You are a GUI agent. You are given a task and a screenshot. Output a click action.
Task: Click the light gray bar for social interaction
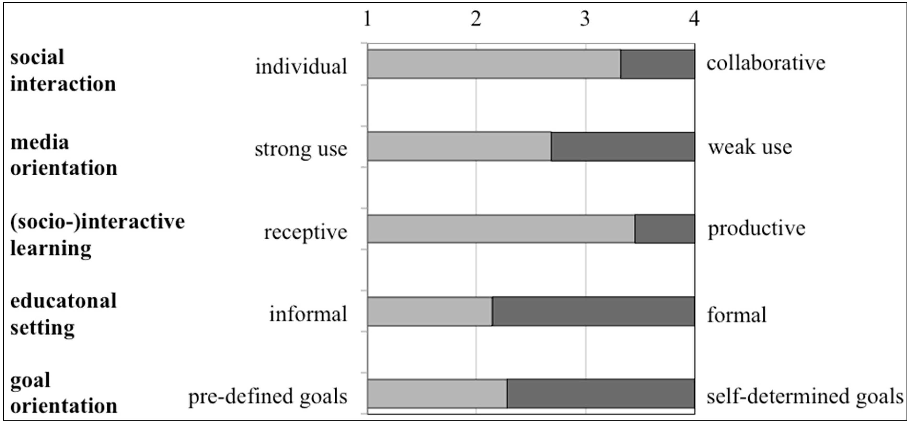pyautogui.click(x=494, y=64)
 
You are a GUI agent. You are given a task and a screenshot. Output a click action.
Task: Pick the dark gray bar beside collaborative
pyautogui.click(x=657, y=64)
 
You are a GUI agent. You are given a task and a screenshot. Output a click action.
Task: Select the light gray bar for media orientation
pyautogui.click(x=459, y=146)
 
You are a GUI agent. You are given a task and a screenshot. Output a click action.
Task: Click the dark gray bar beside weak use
pyautogui.click(x=623, y=146)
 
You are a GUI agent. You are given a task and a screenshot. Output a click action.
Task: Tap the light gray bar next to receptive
pyautogui.click(x=501, y=229)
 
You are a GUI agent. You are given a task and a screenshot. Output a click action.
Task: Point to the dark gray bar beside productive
pyautogui.click(x=665, y=229)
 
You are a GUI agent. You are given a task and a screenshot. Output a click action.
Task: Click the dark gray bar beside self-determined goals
pyautogui.click(x=601, y=393)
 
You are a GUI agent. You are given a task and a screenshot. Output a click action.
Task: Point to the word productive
pyautogui.click(x=757, y=229)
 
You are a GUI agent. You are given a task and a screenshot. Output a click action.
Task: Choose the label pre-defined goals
pyautogui.click(x=268, y=396)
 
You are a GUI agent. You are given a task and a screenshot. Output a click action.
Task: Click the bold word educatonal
pyautogui.click(x=64, y=301)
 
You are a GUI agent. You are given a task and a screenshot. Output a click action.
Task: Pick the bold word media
pyautogui.click(x=40, y=143)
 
